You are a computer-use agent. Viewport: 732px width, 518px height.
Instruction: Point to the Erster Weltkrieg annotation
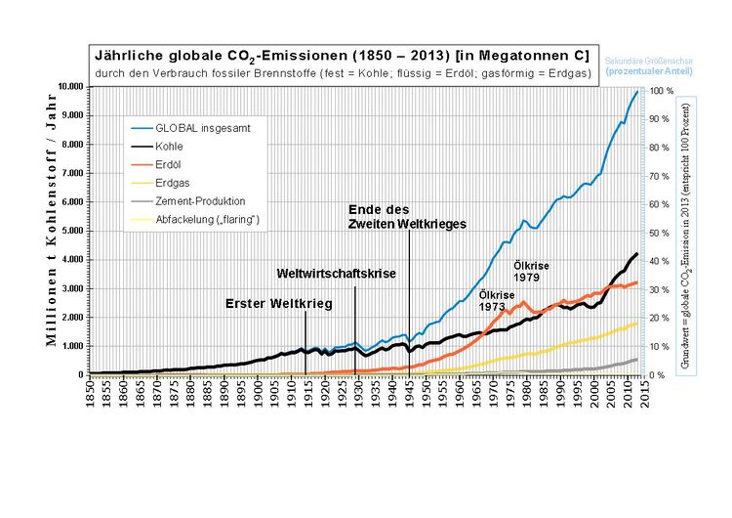[x=279, y=304]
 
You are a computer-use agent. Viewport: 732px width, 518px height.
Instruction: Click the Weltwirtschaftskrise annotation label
[x=336, y=274]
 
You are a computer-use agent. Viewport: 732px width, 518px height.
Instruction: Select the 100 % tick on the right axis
[x=662, y=91]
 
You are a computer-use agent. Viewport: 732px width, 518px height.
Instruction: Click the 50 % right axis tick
[x=661, y=233]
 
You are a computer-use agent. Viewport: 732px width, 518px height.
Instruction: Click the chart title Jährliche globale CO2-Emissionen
[x=339, y=54]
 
